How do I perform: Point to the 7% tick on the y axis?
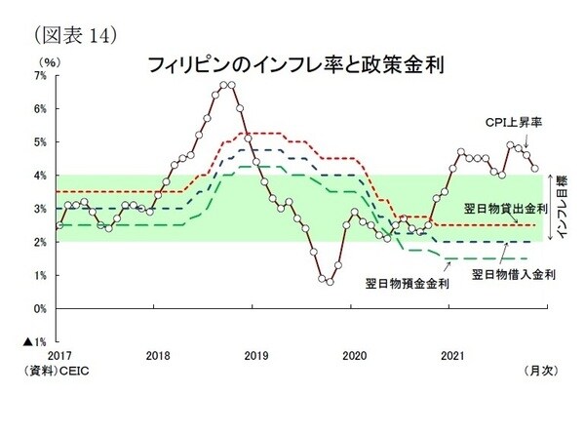coord(40,75)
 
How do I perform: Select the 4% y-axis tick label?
coord(40,176)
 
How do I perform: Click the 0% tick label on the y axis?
coord(40,309)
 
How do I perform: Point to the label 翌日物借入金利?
coord(513,274)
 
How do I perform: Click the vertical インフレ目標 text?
coord(557,209)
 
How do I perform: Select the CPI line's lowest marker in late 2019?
coord(330,282)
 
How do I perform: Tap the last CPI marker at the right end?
coord(534,168)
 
